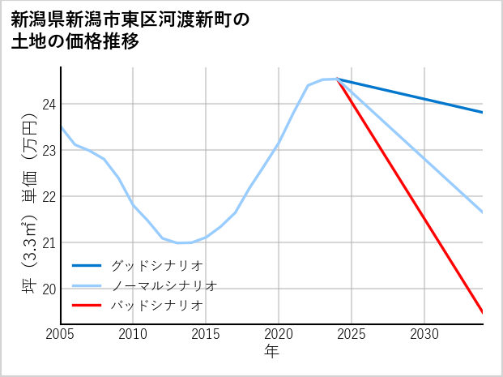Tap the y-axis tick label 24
(x=49, y=105)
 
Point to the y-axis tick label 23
(x=49, y=151)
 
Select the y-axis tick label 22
(x=49, y=197)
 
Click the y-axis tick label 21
(x=49, y=243)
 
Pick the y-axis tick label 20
(x=49, y=289)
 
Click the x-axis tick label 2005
(x=61, y=334)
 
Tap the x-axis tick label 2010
(x=134, y=334)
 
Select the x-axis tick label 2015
(x=207, y=334)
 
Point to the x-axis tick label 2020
(x=279, y=334)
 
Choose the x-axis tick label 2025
(x=352, y=334)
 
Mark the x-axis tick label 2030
(x=424, y=334)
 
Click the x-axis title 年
(x=271, y=351)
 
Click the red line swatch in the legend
(x=87, y=306)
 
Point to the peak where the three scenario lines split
(x=336, y=79)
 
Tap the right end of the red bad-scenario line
(x=483, y=312)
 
